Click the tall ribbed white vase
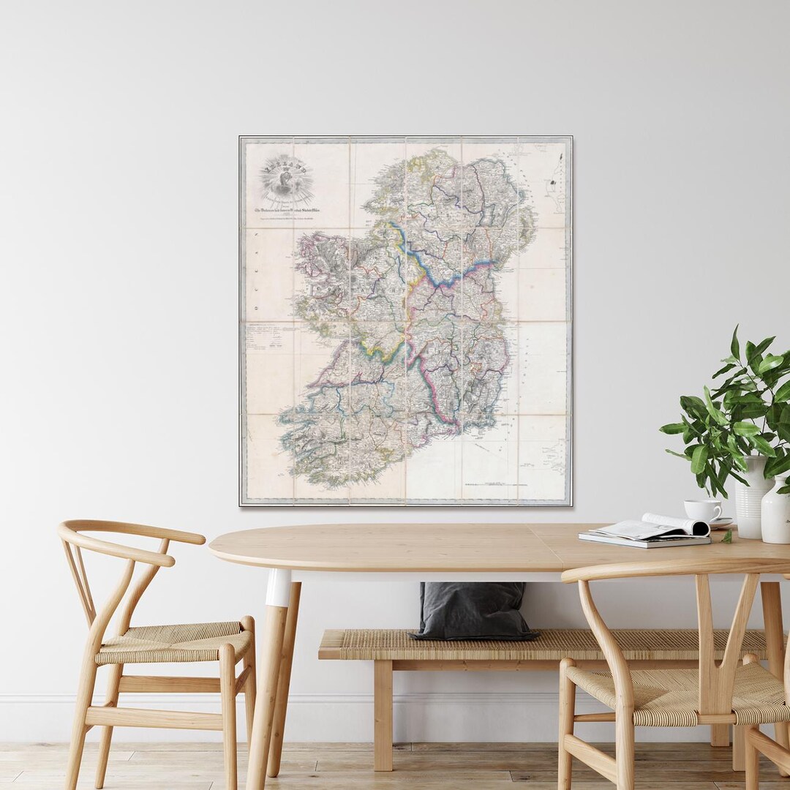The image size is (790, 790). click(752, 497)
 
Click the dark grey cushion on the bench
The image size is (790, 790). click(472, 612)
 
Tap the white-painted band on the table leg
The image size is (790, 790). click(278, 587)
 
